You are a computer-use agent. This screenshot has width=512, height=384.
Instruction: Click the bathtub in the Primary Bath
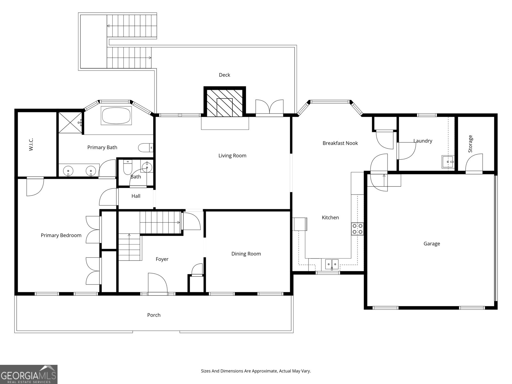pyautogui.click(x=116, y=116)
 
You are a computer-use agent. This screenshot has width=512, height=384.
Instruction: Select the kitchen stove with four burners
pyautogui.click(x=357, y=229)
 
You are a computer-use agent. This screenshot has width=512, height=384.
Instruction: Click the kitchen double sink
pyautogui.click(x=332, y=264)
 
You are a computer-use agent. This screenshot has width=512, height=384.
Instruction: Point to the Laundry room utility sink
pyautogui.click(x=448, y=162)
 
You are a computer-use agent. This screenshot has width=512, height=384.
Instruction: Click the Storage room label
pyautogui.click(x=470, y=144)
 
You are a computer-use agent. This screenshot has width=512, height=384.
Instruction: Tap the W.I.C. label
pyautogui.click(x=31, y=144)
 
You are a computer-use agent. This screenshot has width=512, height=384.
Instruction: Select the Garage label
pyautogui.click(x=432, y=244)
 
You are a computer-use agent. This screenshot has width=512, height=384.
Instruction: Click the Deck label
pyautogui.click(x=224, y=75)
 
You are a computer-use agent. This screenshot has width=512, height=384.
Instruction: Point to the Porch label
pyautogui.click(x=154, y=315)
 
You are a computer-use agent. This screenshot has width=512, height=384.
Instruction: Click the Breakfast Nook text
pyautogui.click(x=340, y=143)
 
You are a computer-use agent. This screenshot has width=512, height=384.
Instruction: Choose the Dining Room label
pyautogui.click(x=246, y=254)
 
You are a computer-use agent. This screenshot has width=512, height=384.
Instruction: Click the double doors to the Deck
pyautogui.click(x=269, y=107)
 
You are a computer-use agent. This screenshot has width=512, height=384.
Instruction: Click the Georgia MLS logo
pyautogui.click(x=28, y=374)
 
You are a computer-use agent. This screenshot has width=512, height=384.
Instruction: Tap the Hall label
pyautogui.click(x=136, y=196)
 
